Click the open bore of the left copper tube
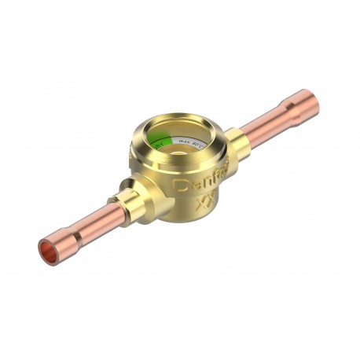coord(50,253)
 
